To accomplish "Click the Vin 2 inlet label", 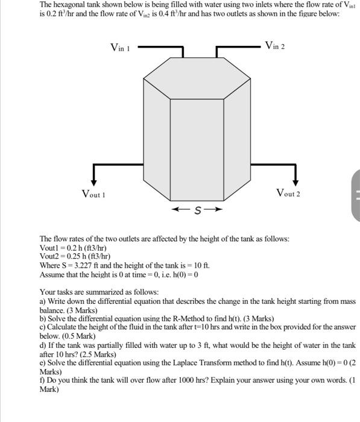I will [274, 46].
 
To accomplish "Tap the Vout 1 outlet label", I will [93, 194].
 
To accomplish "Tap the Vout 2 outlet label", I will [288, 193].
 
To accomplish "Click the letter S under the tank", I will [197, 210].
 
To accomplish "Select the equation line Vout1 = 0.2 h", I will [73, 248].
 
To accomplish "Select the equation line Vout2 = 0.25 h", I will [74, 256].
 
